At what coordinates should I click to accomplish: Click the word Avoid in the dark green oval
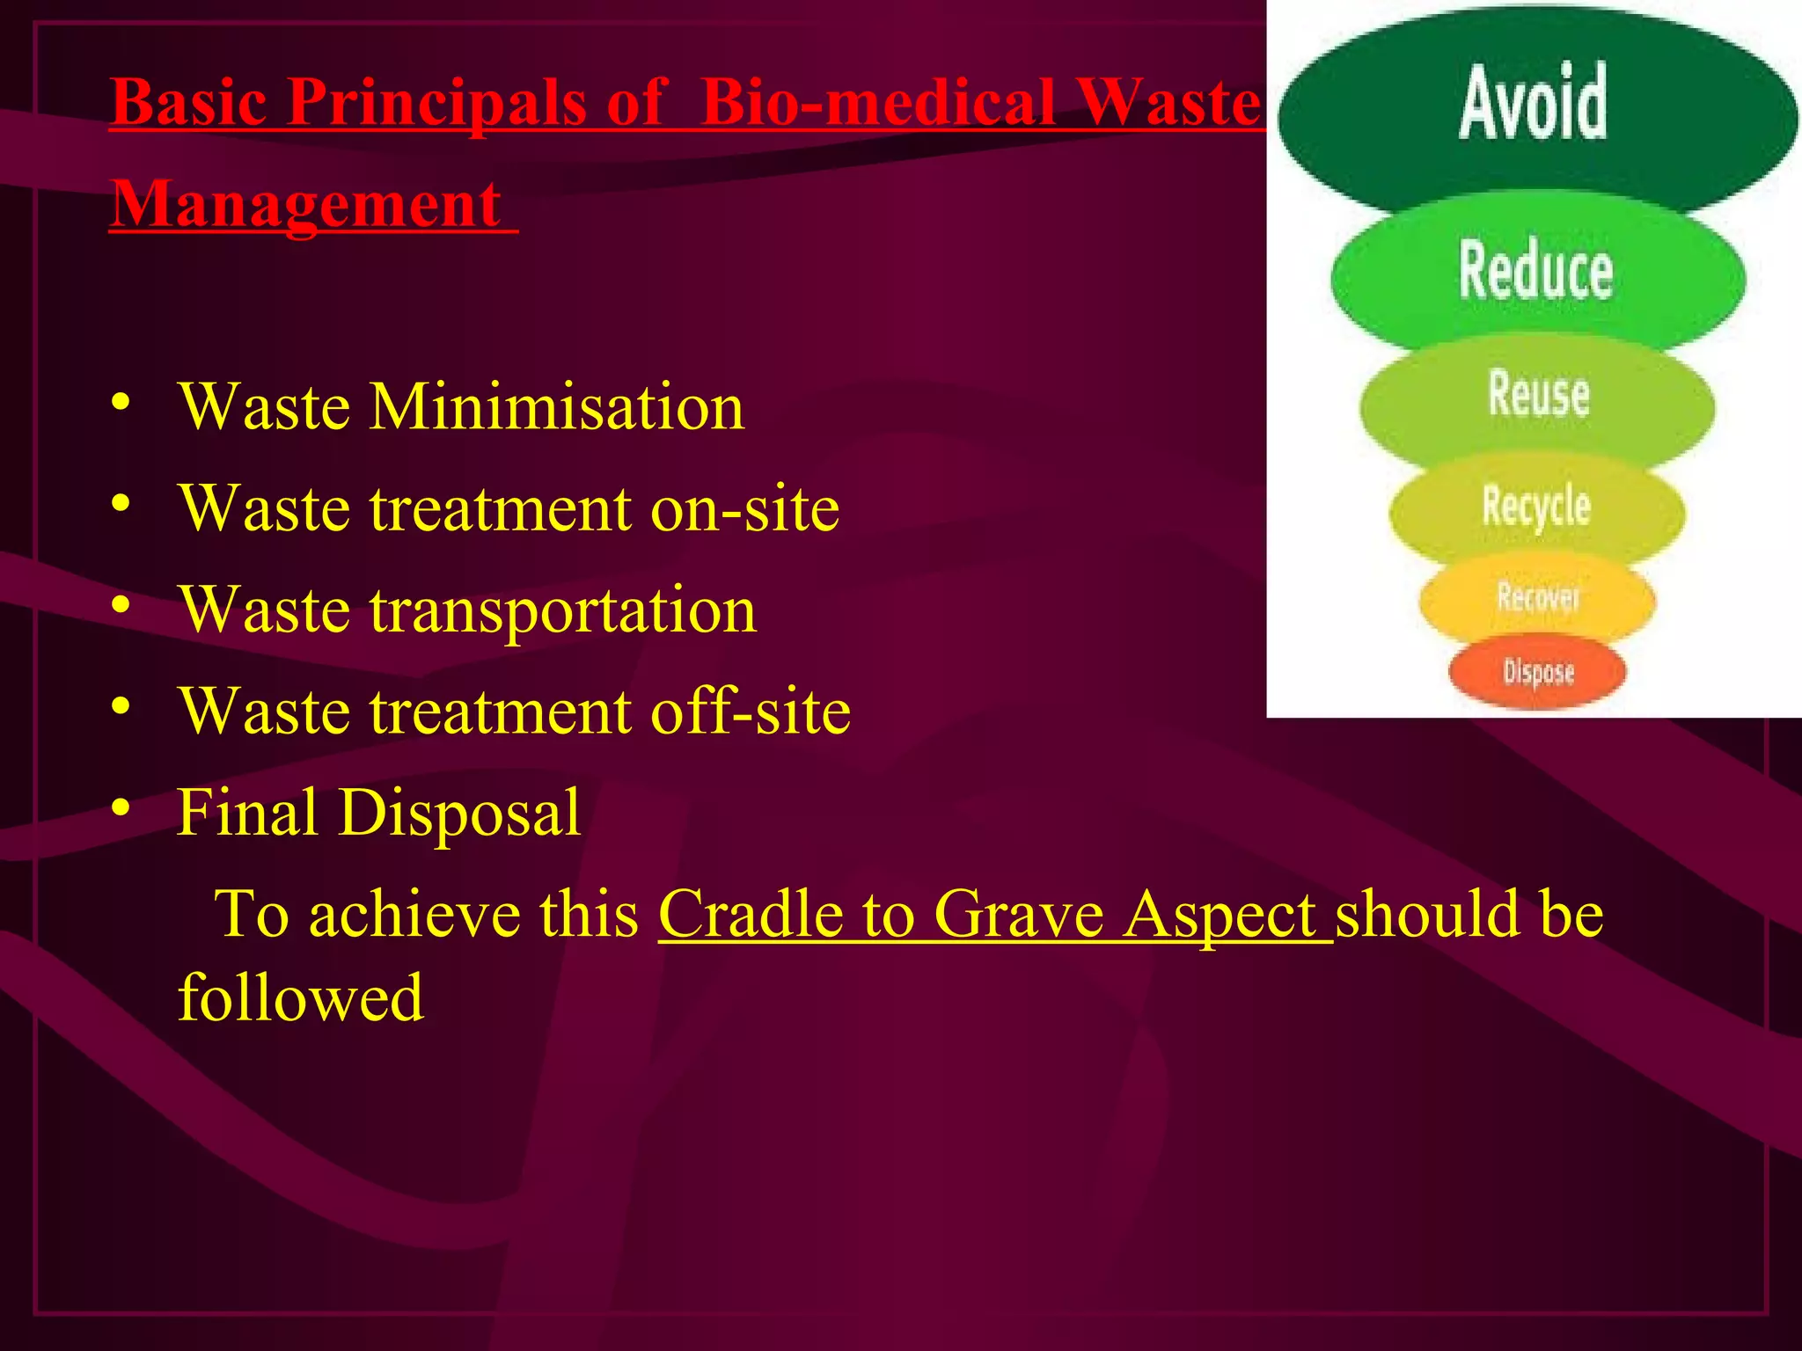click(x=1534, y=104)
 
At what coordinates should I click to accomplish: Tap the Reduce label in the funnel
click(x=1535, y=271)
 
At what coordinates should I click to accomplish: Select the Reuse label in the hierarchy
click(x=1538, y=394)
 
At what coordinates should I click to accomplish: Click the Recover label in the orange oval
click(x=1537, y=598)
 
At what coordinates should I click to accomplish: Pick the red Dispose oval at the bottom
click(x=1537, y=673)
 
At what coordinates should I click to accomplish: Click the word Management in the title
click(x=307, y=204)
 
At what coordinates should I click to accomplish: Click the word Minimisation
click(x=556, y=407)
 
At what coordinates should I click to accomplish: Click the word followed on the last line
click(x=301, y=998)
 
